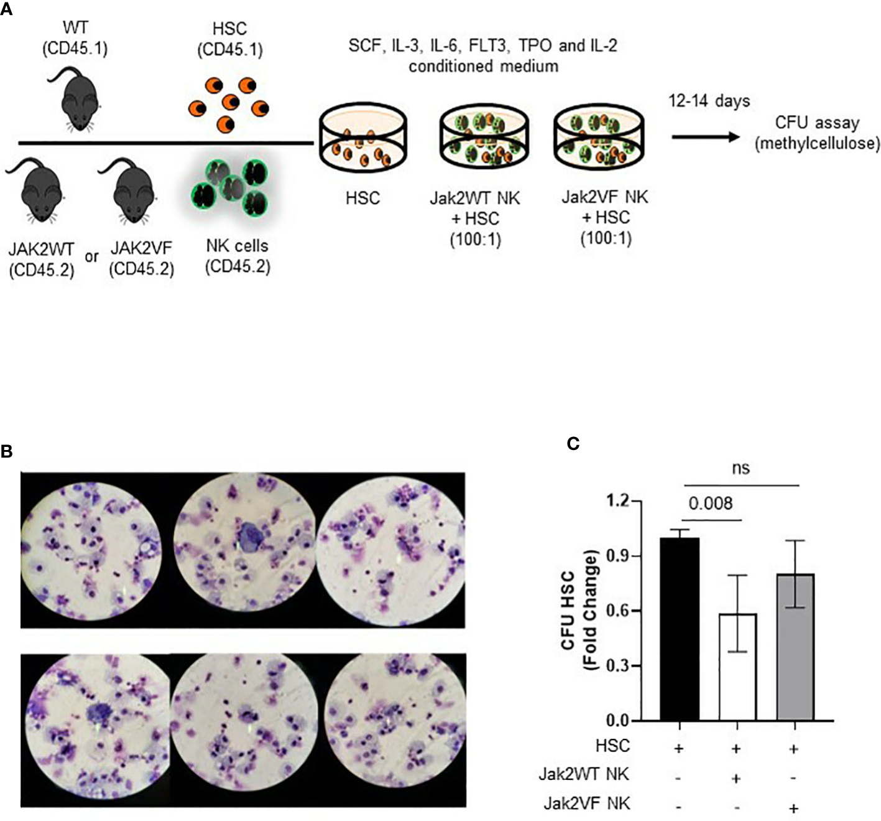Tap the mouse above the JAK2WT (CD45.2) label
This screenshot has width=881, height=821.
pyautogui.click(x=39, y=190)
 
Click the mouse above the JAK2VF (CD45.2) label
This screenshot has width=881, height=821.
pyautogui.click(x=130, y=190)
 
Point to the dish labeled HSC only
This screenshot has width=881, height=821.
pyautogui.click(x=362, y=139)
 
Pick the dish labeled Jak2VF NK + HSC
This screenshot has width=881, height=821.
pyautogui.click(x=599, y=139)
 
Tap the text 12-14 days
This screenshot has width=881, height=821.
pyautogui.click(x=709, y=101)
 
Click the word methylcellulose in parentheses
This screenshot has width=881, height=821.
pyautogui.click(x=817, y=144)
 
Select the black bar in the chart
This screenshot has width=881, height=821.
pyautogui.click(x=679, y=629)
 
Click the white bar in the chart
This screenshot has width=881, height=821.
pyautogui.click(x=737, y=667)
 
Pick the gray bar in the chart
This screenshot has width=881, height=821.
pyautogui.click(x=795, y=647)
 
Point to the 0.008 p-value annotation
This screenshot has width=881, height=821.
pyautogui.click(x=711, y=503)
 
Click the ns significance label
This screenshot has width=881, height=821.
pyautogui.click(x=740, y=467)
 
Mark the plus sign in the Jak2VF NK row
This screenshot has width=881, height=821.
pyautogui.click(x=794, y=808)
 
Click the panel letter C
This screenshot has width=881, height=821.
pyautogui.click(x=573, y=443)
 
